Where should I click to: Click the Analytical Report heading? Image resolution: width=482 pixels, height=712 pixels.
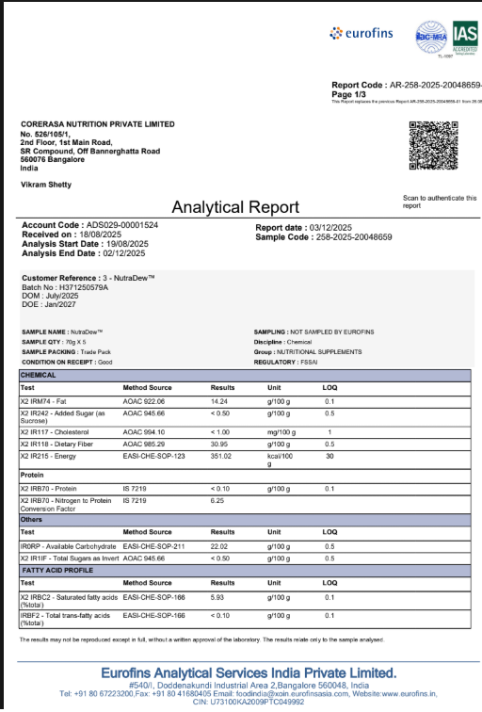point(235,207)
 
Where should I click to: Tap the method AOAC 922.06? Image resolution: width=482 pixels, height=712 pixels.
point(144,401)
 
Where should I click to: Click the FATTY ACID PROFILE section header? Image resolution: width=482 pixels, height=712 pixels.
point(58,570)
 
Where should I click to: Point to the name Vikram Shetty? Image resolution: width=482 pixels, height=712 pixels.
point(47,185)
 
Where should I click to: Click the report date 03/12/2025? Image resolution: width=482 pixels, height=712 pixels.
point(332,228)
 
